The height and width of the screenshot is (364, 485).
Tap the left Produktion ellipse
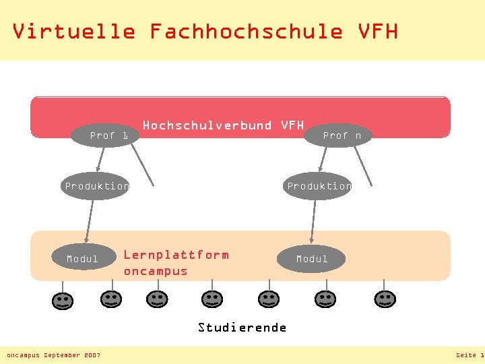(96, 185)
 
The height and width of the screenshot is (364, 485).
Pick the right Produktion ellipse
(319, 185)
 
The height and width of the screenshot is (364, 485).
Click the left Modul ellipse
(83, 258)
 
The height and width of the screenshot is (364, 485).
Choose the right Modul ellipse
(311, 259)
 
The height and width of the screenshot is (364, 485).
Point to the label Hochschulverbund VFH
(223, 125)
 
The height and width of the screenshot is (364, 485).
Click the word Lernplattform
(176, 255)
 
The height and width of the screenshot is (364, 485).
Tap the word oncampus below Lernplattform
(156, 271)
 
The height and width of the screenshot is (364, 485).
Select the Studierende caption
(242, 328)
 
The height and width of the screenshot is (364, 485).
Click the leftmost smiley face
(62, 301)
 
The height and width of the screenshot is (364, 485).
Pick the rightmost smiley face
(385, 299)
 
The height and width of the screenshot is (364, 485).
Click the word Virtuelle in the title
(73, 31)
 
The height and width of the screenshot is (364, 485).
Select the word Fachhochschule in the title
(245, 31)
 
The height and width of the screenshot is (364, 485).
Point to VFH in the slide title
(378, 31)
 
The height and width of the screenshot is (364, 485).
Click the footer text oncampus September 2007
(53, 355)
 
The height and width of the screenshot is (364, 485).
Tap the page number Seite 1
(470, 355)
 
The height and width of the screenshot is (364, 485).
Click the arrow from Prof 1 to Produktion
(101, 159)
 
